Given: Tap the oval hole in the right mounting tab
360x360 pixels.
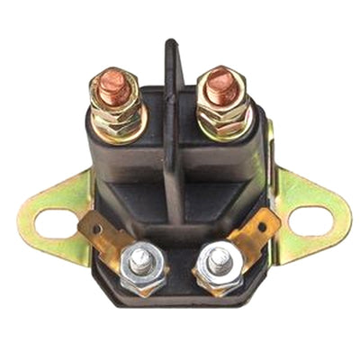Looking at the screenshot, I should click(311, 219).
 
